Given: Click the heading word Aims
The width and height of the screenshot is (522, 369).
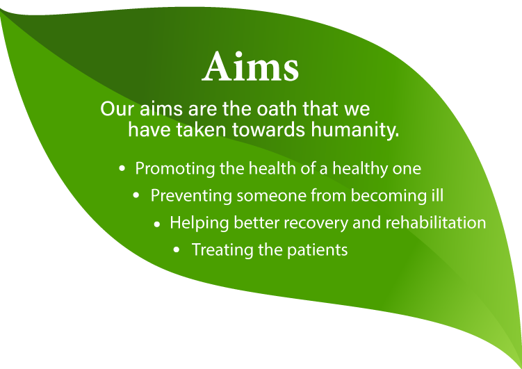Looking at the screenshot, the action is click(x=250, y=67).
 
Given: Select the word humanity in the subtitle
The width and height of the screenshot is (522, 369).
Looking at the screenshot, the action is click(x=355, y=130).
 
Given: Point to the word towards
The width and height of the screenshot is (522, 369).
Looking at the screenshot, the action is click(x=268, y=129).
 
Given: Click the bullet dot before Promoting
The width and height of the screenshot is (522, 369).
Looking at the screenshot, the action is click(x=122, y=169).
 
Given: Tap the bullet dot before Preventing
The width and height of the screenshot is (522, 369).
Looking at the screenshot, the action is click(x=136, y=196).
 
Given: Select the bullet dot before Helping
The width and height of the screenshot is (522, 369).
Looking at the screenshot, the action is click(x=157, y=224).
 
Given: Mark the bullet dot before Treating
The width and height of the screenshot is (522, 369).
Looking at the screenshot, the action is click(x=177, y=250).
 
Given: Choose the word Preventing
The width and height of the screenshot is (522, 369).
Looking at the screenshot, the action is click(x=191, y=196).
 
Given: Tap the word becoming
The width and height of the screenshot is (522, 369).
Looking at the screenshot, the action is click(x=387, y=196).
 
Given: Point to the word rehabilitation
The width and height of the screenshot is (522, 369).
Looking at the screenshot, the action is click(x=435, y=222).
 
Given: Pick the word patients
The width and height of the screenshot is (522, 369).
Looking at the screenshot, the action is click(x=317, y=250).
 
